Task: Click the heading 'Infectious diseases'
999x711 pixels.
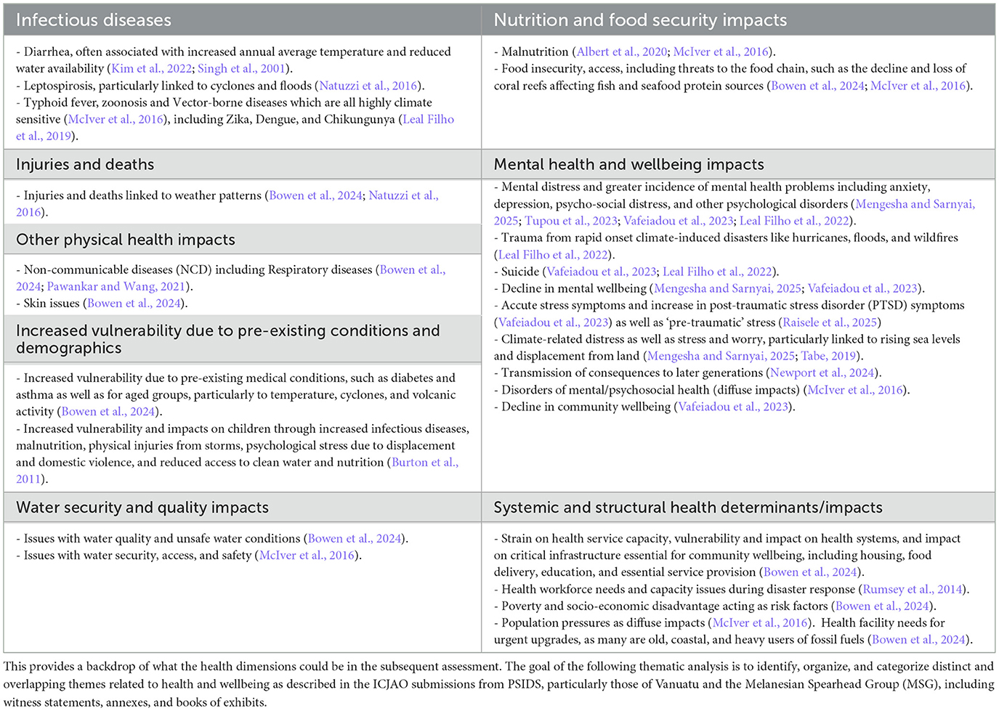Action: pyautogui.click(x=94, y=20)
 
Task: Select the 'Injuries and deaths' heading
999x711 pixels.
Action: pyautogui.click(x=85, y=164)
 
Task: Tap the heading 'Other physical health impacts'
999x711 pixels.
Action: pyautogui.click(x=126, y=240)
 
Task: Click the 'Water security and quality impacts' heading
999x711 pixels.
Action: pyautogui.click(x=142, y=508)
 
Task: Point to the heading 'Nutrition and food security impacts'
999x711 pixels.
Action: pyautogui.click(x=640, y=20)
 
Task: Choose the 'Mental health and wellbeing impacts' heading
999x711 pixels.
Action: pyautogui.click(x=629, y=164)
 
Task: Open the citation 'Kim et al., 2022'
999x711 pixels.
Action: pyautogui.click(x=151, y=68)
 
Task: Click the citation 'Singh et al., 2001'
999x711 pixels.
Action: pyautogui.click(x=241, y=68)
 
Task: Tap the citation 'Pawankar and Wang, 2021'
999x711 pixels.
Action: pyautogui.click(x=116, y=286)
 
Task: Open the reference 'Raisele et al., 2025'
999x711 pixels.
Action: pyautogui.click(x=830, y=322)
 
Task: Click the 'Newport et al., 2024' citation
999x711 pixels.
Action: pyautogui.click(x=822, y=373)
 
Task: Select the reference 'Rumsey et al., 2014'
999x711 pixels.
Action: pyautogui.click(x=913, y=589)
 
